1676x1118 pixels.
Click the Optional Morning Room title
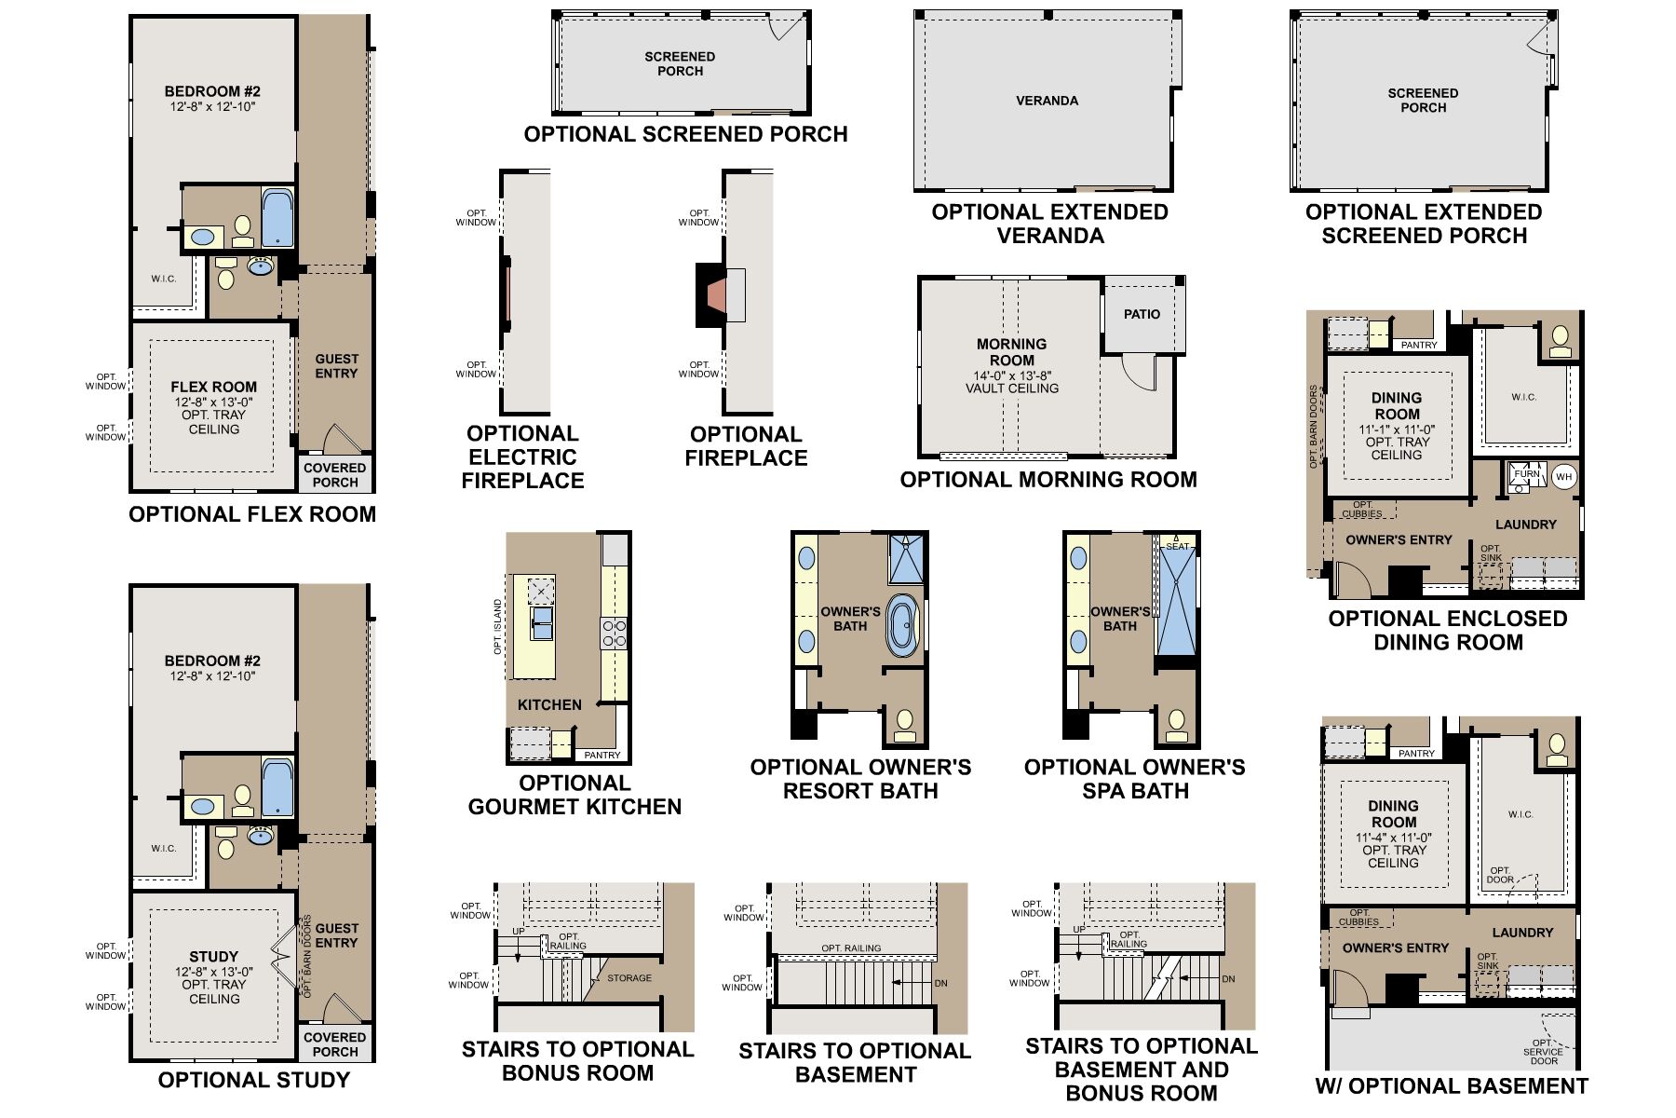pyautogui.click(x=1048, y=480)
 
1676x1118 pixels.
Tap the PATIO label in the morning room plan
pyautogui.click(x=1142, y=314)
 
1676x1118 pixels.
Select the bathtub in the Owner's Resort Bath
pyautogui.click(x=901, y=625)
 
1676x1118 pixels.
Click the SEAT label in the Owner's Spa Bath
pyautogui.click(x=1177, y=546)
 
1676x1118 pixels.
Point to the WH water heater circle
pyautogui.click(x=1563, y=477)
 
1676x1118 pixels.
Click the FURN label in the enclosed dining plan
pyautogui.click(x=1527, y=474)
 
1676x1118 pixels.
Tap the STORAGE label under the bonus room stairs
pyautogui.click(x=629, y=978)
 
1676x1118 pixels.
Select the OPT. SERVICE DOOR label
pyautogui.click(x=1543, y=1052)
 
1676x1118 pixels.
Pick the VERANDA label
pyautogui.click(x=1047, y=101)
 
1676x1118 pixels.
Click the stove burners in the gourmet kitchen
pyautogui.click(x=614, y=634)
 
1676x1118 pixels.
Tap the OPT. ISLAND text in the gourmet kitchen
pyautogui.click(x=497, y=627)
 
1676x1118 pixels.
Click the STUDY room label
pyautogui.click(x=213, y=957)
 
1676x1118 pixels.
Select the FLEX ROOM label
pyautogui.click(x=213, y=387)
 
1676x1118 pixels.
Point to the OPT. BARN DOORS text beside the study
pyautogui.click(x=306, y=957)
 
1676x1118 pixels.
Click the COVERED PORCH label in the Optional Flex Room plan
pyautogui.click(x=335, y=475)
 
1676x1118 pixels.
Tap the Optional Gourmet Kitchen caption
pyautogui.click(x=574, y=795)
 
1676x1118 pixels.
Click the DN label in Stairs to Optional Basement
pyautogui.click(x=940, y=983)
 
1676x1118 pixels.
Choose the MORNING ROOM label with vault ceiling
pyautogui.click(x=1011, y=352)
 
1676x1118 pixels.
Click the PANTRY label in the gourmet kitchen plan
pyautogui.click(x=601, y=755)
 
